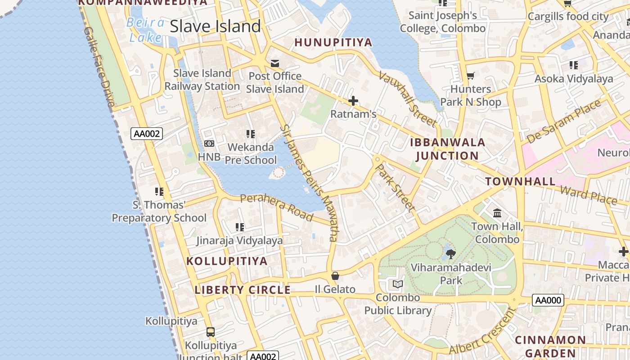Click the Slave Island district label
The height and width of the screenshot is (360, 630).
215,26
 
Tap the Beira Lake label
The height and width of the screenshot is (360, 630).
145,29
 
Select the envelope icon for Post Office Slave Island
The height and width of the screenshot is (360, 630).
275,63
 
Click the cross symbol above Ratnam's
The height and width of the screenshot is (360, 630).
353,101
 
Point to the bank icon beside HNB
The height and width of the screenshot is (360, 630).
209,144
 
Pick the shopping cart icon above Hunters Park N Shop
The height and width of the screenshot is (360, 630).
470,76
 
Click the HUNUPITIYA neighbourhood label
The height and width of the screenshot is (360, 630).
333,42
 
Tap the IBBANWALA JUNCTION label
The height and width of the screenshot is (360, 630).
447,149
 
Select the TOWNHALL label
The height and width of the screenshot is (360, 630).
520,181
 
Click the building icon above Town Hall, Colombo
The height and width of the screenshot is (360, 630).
497,213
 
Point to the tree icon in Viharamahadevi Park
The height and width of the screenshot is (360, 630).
450,254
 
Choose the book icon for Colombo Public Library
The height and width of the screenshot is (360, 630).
398,284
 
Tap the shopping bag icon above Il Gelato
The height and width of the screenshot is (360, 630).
335,276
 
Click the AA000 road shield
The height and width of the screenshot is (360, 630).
548,300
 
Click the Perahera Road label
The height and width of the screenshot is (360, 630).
276,207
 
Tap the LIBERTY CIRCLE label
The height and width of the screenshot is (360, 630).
243,290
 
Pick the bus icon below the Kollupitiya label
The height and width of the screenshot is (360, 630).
210,332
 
